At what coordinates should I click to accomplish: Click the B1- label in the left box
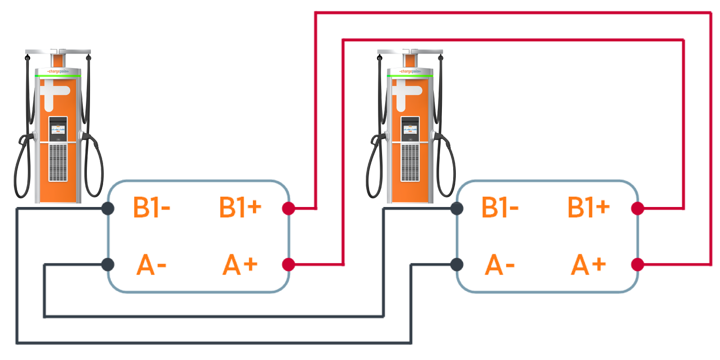[151, 207]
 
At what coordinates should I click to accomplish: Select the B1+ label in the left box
[240, 207]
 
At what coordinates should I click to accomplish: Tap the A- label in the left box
[151, 265]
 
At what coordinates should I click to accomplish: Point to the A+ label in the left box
[240, 265]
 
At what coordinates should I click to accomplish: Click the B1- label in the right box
[499, 207]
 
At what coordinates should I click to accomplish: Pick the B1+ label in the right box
[588, 207]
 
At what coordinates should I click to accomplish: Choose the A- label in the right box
[499, 265]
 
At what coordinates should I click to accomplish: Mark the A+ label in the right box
[588, 265]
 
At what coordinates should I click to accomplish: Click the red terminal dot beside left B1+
[288, 208]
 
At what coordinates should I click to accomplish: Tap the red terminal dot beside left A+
[288, 265]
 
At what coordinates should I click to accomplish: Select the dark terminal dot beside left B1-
[108, 208]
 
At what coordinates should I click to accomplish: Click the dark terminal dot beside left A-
[108, 265]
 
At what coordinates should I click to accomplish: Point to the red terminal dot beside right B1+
[638, 208]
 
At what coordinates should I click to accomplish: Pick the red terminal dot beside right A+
[638, 265]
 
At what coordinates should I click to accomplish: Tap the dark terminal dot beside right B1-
[457, 208]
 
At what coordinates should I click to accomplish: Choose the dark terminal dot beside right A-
[457, 265]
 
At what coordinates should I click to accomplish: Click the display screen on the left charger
[58, 129]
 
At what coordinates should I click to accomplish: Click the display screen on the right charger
[409, 129]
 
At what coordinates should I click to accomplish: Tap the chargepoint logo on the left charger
[58, 72]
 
